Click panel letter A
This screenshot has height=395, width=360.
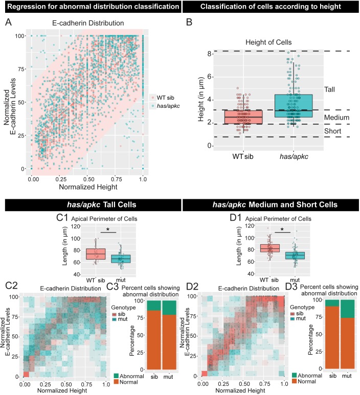(8, 22)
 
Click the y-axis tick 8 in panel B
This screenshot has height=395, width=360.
(209, 53)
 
